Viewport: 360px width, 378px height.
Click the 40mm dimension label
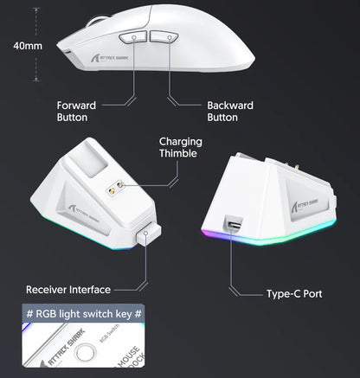pyautogui.click(x=18, y=46)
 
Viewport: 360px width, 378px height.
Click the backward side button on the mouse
pyautogui.click(x=164, y=37)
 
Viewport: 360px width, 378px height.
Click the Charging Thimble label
pyautogui.click(x=180, y=148)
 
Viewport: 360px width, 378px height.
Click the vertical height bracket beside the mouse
pyautogui.click(x=35, y=46)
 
